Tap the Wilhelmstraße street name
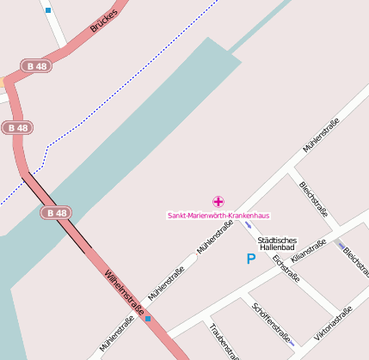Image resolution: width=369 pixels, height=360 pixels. [124, 293]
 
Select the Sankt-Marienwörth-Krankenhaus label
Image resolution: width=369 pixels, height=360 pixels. [218, 215]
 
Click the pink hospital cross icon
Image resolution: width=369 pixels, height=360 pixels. [218, 201]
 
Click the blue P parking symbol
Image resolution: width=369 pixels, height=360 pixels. [251, 259]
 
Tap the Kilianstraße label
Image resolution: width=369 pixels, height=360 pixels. [309, 251]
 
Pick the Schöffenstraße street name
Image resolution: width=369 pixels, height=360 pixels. [271, 322]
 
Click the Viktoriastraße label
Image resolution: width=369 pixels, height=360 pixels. [334, 321]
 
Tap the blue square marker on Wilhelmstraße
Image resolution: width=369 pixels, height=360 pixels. [148, 319]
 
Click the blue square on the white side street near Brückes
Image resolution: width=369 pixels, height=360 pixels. [48, 10]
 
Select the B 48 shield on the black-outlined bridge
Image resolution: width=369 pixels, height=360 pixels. [57, 213]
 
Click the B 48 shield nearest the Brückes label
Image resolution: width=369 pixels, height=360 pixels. [37, 65]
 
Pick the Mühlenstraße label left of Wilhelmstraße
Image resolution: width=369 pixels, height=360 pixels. [116, 334]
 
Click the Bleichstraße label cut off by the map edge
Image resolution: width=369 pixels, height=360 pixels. [356, 261]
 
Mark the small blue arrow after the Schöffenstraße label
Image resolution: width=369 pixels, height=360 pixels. [292, 344]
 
